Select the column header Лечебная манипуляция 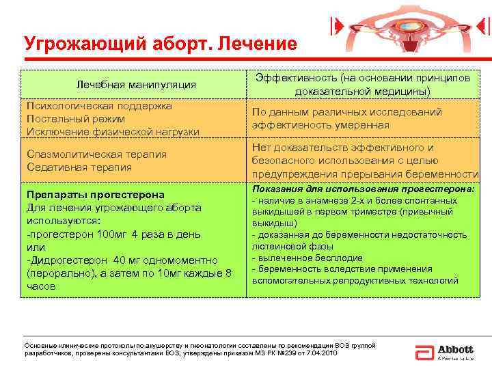pos(137,85)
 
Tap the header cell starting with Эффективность pos(363,85)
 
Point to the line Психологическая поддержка pos(99,106)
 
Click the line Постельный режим pos(74,119)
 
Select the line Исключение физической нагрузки pos(113,131)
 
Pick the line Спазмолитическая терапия pos(96,154)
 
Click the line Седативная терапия pos(79,167)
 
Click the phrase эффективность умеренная pos(320,125)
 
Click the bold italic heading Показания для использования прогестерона pos(363,189)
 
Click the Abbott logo pos(444,351)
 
